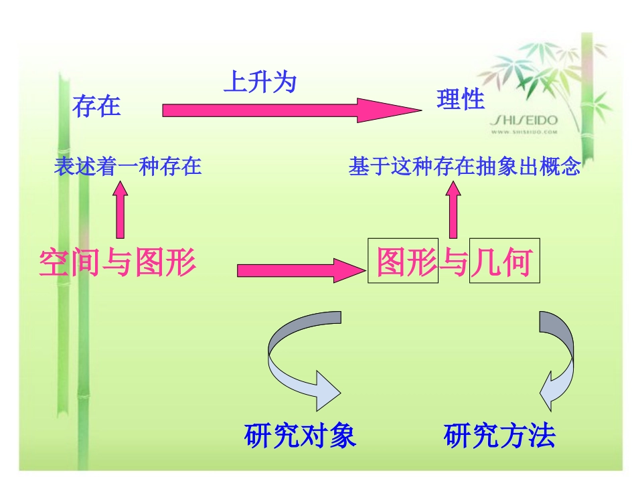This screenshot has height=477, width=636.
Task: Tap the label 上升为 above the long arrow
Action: coord(260,83)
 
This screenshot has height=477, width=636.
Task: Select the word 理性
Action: coord(461,100)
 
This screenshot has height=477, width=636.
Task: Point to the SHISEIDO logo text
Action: coord(524,120)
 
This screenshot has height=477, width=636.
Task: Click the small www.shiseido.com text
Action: coord(525,132)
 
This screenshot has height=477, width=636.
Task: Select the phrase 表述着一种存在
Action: coord(128,166)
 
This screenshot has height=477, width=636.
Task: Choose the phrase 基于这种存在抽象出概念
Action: coord(464,167)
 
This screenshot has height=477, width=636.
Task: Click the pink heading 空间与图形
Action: coord(118,263)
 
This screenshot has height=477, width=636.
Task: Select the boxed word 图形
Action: coord(404,263)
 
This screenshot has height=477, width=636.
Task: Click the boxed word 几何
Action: coord(502,263)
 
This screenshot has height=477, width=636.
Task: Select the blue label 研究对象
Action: coord(300,436)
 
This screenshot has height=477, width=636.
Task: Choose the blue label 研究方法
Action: coord(499,436)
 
